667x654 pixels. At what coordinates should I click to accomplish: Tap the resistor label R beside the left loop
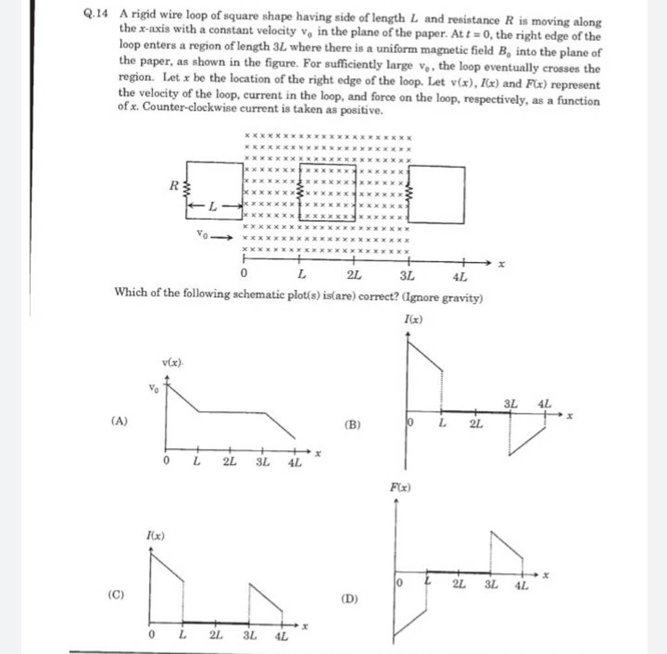coord(174,186)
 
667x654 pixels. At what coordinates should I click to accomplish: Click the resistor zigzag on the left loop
coord(188,191)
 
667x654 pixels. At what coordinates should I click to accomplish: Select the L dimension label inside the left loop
coord(213,207)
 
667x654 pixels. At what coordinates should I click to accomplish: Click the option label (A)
coord(120,421)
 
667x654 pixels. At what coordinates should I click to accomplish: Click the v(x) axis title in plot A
coord(172,362)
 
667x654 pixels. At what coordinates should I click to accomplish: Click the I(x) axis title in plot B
coord(414,319)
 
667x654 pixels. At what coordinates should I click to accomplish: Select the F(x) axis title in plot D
coord(401,488)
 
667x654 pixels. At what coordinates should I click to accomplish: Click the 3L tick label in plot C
coord(249,635)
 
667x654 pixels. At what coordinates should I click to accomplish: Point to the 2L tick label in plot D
coord(460,586)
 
